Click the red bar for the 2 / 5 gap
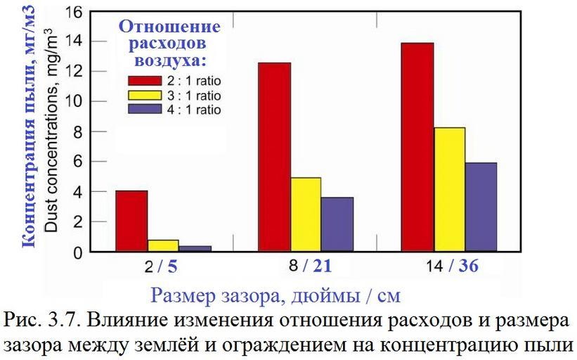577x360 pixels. click(x=131, y=221)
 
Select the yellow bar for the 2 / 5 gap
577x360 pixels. click(x=163, y=245)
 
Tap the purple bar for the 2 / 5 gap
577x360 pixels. click(x=195, y=248)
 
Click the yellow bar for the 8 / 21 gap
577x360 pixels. click(x=306, y=214)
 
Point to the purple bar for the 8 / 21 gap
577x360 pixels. click(x=337, y=224)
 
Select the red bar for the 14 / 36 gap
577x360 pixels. click(x=417, y=147)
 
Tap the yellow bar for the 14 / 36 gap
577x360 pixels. click(x=449, y=189)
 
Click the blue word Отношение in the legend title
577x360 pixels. click(x=169, y=27)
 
